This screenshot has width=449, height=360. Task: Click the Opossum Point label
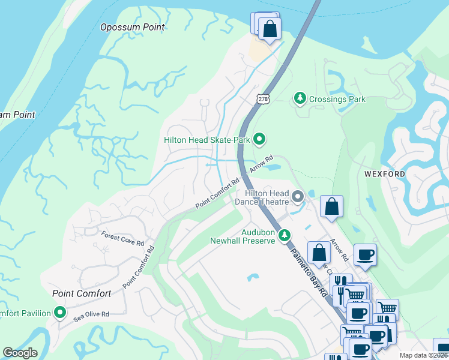132,27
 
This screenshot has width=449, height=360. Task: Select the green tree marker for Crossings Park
300,97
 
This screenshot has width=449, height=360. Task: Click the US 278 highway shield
262,98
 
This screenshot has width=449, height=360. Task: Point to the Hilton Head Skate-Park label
206,140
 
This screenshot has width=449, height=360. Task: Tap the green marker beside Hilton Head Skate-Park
259,140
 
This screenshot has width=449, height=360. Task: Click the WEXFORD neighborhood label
385,174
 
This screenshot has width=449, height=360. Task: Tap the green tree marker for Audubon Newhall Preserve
285,236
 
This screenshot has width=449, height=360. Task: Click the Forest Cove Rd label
122,239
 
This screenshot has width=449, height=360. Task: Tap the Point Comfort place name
82,293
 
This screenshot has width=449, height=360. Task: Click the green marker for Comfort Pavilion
59,313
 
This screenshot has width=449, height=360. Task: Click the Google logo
20,353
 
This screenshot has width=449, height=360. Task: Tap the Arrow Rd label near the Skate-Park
257,163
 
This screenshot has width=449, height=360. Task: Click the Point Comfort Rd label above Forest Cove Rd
217,197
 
